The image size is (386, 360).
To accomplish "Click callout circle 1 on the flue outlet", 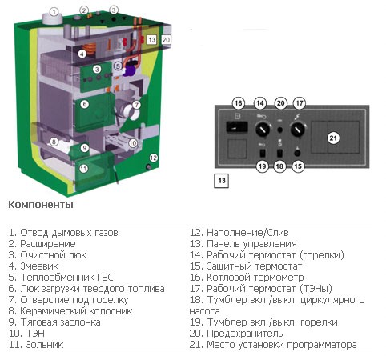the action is coord(54,12).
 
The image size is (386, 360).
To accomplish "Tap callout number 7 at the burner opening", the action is coord(136,105).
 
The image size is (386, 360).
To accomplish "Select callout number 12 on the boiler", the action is coord(153,158).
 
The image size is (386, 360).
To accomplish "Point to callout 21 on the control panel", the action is coord(333,138).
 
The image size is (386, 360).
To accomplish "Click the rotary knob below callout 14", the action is coord(263,130).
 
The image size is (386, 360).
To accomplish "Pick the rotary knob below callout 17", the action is coord(298,130).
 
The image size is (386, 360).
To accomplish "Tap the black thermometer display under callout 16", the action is coord(237,127).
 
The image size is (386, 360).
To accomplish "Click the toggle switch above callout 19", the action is coord(262,154).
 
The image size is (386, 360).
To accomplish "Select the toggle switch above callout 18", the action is coord(279,154).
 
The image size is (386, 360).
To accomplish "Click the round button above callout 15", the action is coord(297,153).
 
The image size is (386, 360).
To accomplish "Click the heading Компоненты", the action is coord(41,205).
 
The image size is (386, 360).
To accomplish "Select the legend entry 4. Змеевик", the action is coord(34,266).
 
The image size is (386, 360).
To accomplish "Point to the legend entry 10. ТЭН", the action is coord(26,334).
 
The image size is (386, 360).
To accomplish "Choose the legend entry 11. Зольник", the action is coord(36,345).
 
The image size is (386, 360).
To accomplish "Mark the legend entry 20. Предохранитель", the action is coord(236,334).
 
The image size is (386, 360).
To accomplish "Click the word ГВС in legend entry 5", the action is coord(103,278).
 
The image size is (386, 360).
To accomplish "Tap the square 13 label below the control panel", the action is coord(222,181).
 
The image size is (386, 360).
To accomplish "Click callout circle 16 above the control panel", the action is coord(239,103).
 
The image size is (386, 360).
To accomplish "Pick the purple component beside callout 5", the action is coord(130,70).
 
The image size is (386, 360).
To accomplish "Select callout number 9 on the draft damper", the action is coord(85,148).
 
